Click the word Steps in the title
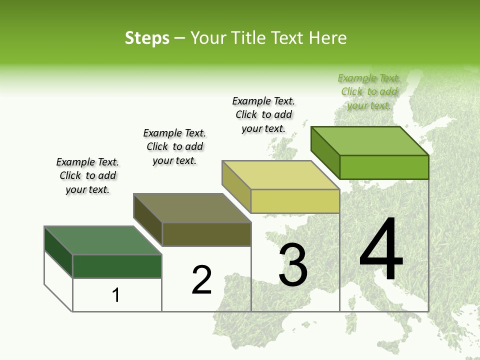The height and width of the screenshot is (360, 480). pyautogui.click(x=147, y=38)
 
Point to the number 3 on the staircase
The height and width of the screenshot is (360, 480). pyautogui.click(x=293, y=265)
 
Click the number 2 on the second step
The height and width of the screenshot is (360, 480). pyautogui.click(x=201, y=279)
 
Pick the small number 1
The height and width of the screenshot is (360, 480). pyautogui.click(x=116, y=295)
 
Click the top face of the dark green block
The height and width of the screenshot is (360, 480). pyautogui.click(x=103, y=240)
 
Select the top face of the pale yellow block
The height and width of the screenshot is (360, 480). pyautogui.click(x=281, y=175)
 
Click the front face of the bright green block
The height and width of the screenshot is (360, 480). pyautogui.click(x=384, y=167)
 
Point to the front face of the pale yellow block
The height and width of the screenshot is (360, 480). pyautogui.click(x=295, y=201)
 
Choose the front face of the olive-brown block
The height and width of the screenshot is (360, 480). pyautogui.click(x=206, y=234)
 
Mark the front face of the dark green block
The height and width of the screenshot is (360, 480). pyautogui.click(x=117, y=266)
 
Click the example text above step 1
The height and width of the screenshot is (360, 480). pyautogui.click(x=87, y=175)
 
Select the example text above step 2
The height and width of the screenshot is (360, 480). pyautogui.click(x=174, y=146)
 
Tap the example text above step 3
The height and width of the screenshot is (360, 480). pyautogui.click(x=263, y=114)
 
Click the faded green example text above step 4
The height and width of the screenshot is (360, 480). pyautogui.click(x=369, y=91)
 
